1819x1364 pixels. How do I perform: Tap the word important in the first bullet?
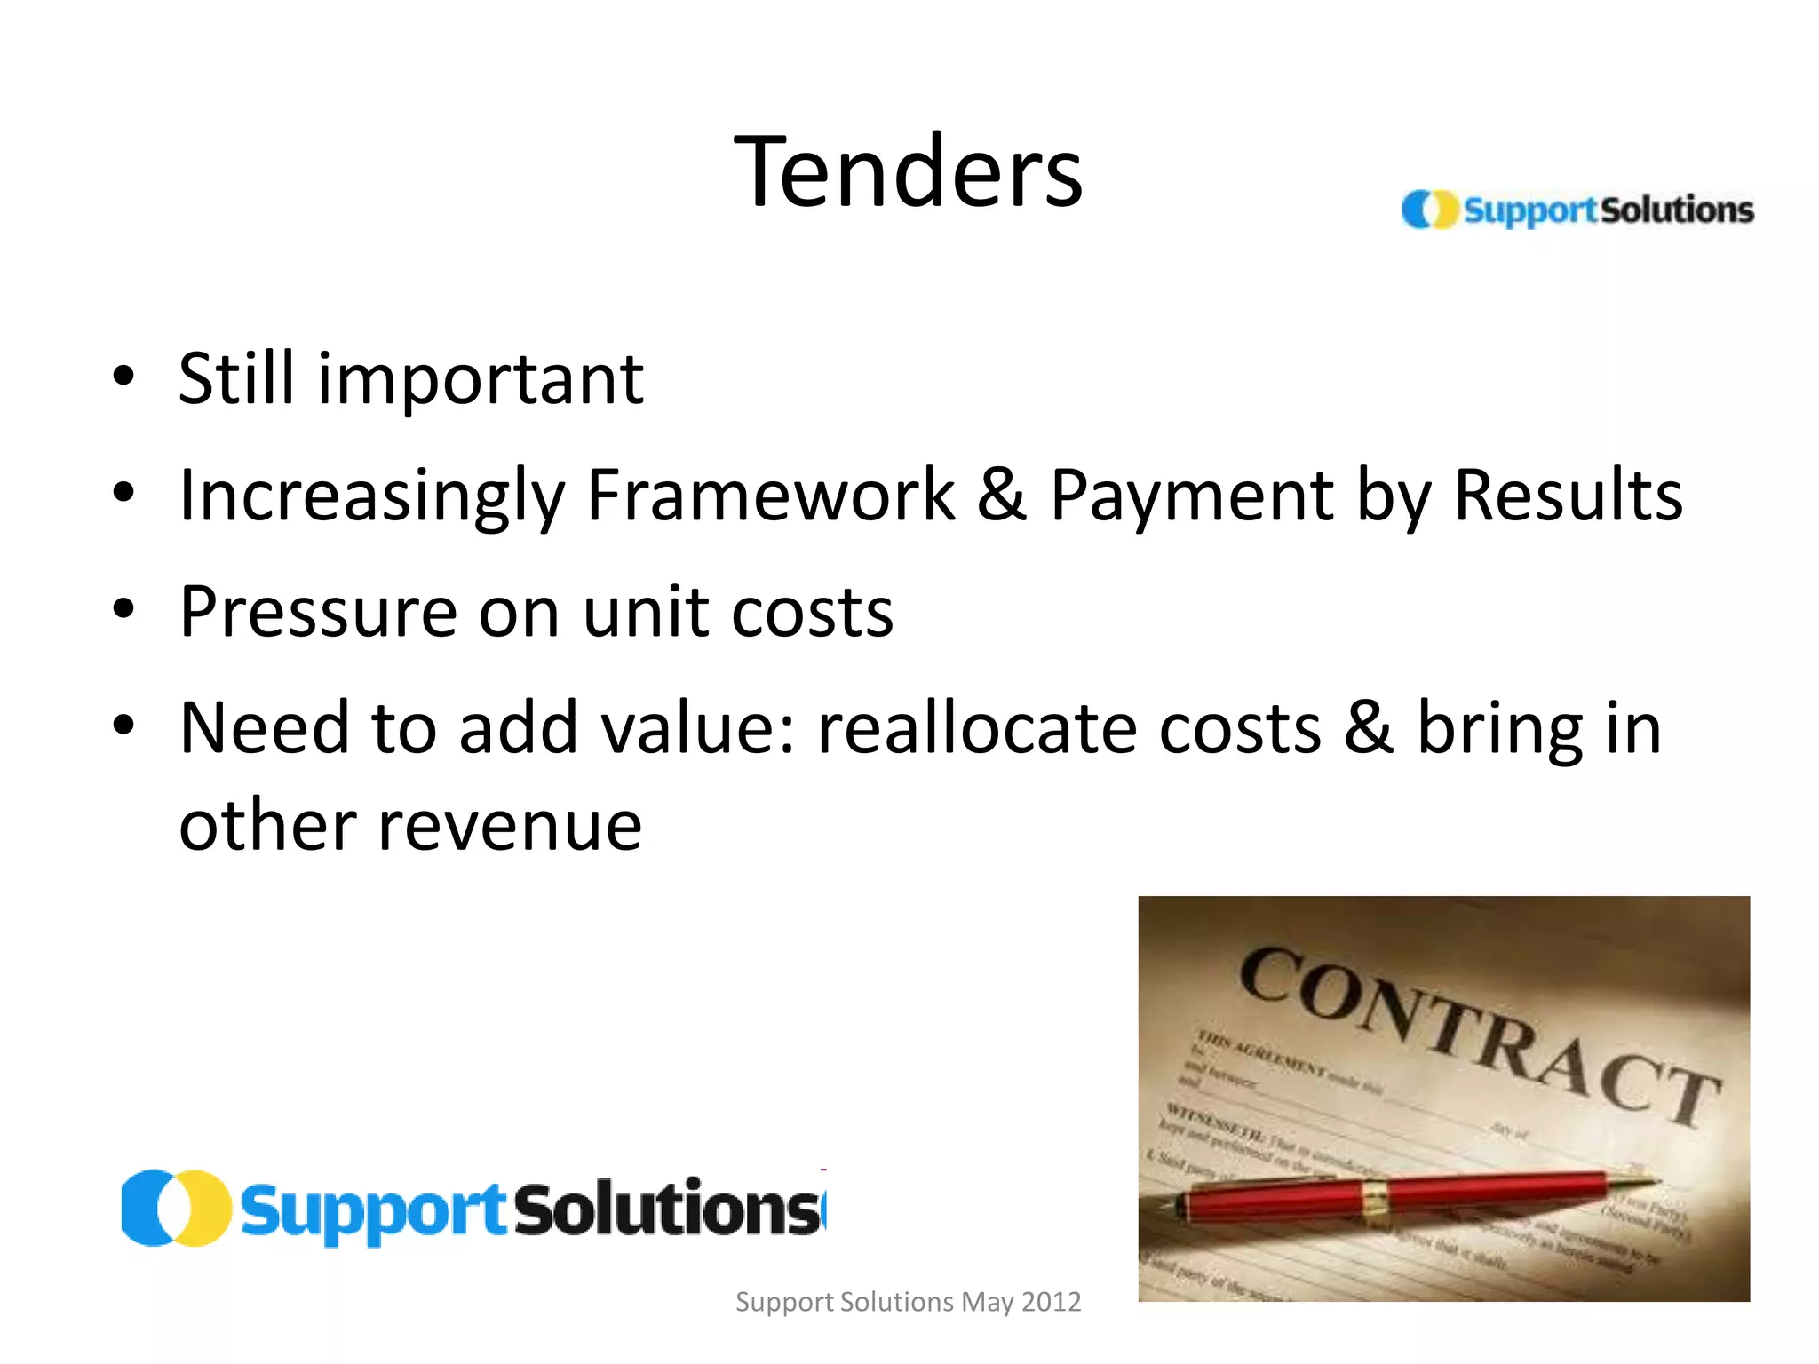[481, 380]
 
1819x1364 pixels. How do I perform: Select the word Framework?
[771, 496]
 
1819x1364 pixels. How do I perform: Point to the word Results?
[1568, 496]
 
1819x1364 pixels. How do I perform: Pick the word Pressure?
[319, 613]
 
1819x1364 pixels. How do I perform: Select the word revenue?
[510, 826]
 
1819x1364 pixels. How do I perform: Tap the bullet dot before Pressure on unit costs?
[123, 608]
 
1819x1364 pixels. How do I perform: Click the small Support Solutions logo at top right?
[1577, 210]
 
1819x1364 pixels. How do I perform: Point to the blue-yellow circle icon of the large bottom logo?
[175, 1209]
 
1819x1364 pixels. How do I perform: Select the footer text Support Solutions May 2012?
[908, 1302]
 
